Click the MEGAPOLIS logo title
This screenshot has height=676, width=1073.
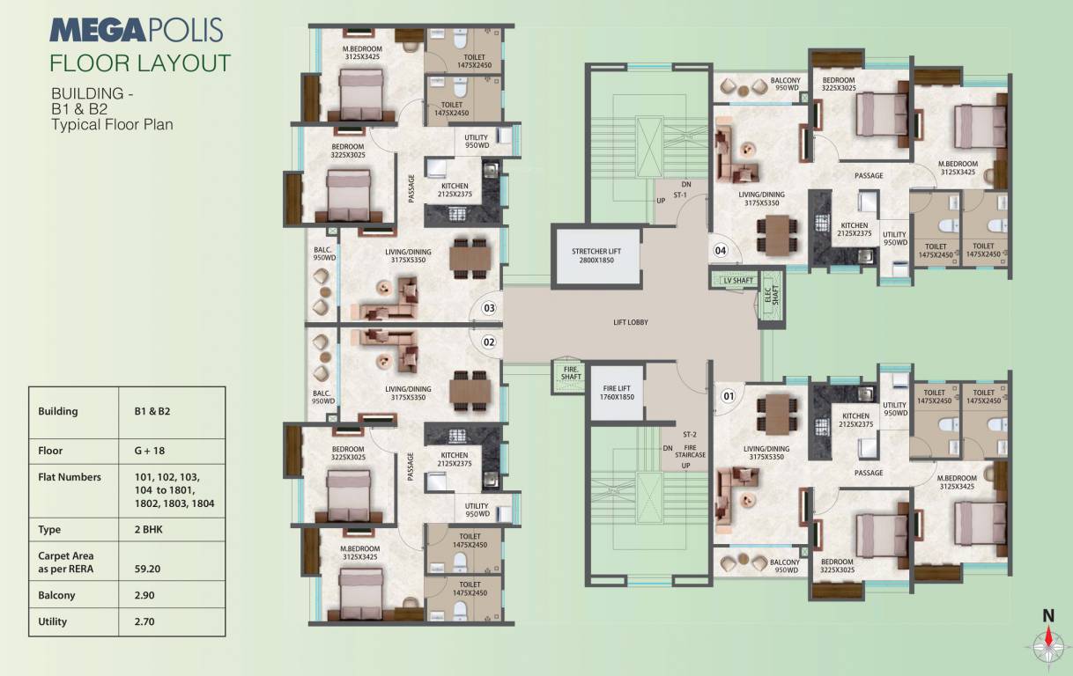[137, 29]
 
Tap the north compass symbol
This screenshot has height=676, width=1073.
[1048, 643]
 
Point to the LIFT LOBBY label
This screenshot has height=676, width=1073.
[631, 323]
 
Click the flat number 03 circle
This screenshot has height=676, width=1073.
[490, 308]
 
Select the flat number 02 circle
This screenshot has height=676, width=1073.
[490, 342]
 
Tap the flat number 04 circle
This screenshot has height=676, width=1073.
[721, 251]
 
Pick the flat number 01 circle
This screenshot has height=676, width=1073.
[728, 395]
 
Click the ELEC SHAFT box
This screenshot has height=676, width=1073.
[767, 297]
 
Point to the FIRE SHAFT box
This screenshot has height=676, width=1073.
[571, 372]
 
